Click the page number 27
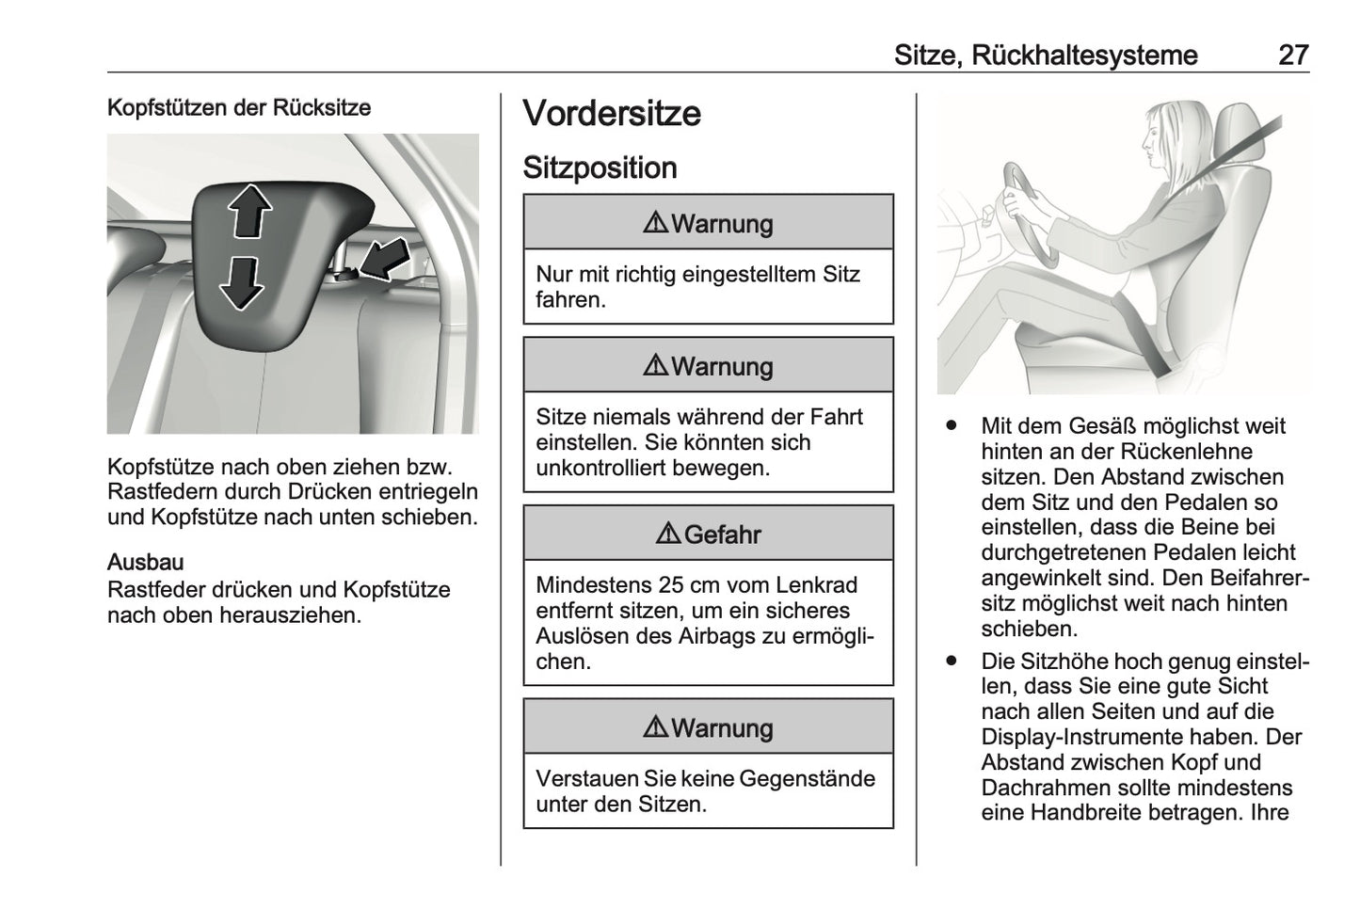(x=1293, y=55)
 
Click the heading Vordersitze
(x=612, y=113)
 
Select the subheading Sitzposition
(x=600, y=167)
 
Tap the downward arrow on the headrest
(x=241, y=282)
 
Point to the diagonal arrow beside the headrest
(x=384, y=259)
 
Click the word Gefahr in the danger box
(x=722, y=534)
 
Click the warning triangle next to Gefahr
(x=668, y=534)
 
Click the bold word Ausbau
(x=146, y=563)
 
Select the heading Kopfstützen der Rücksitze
(x=239, y=107)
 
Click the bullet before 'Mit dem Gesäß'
(x=952, y=426)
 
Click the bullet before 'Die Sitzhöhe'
(x=952, y=662)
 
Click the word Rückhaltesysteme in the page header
(x=1083, y=55)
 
